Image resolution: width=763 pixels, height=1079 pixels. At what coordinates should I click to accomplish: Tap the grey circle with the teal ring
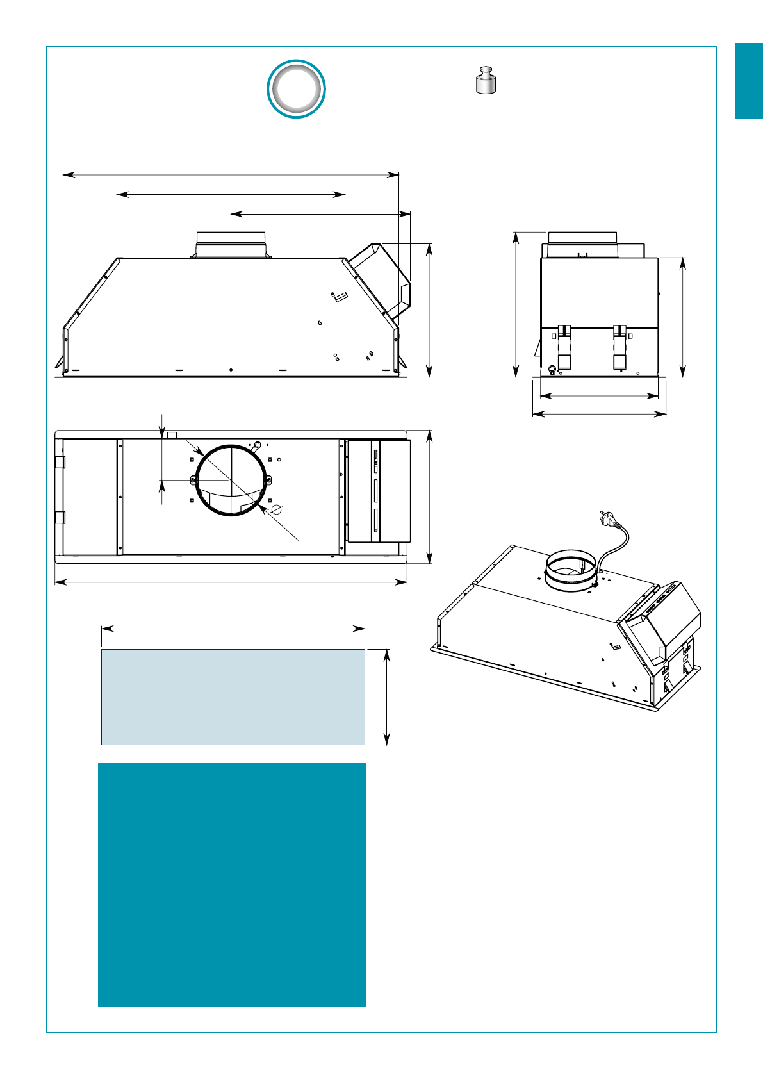click(x=296, y=89)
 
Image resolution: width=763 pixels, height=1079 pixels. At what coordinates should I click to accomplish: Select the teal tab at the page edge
click(x=748, y=81)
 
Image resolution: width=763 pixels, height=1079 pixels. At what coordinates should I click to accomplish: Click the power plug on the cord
click(x=605, y=516)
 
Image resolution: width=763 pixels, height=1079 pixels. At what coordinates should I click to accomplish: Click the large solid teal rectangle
click(x=232, y=884)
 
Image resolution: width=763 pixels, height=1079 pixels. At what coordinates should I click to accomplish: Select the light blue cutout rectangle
click(x=233, y=696)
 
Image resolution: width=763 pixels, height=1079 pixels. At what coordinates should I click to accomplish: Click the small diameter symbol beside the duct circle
click(x=277, y=509)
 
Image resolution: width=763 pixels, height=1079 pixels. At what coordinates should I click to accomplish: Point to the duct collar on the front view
click(x=231, y=244)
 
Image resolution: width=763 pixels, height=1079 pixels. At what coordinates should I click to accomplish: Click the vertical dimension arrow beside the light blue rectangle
click(x=386, y=696)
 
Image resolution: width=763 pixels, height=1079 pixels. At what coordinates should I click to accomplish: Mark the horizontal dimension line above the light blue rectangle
click(x=233, y=629)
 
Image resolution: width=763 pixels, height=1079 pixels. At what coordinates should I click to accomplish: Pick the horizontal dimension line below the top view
click(x=231, y=582)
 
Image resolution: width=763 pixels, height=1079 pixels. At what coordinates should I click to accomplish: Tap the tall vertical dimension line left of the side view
click(x=516, y=304)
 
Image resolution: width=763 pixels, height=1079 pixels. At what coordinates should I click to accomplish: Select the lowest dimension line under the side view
click(x=599, y=415)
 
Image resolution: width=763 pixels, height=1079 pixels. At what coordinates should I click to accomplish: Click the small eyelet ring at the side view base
click(x=552, y=369)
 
